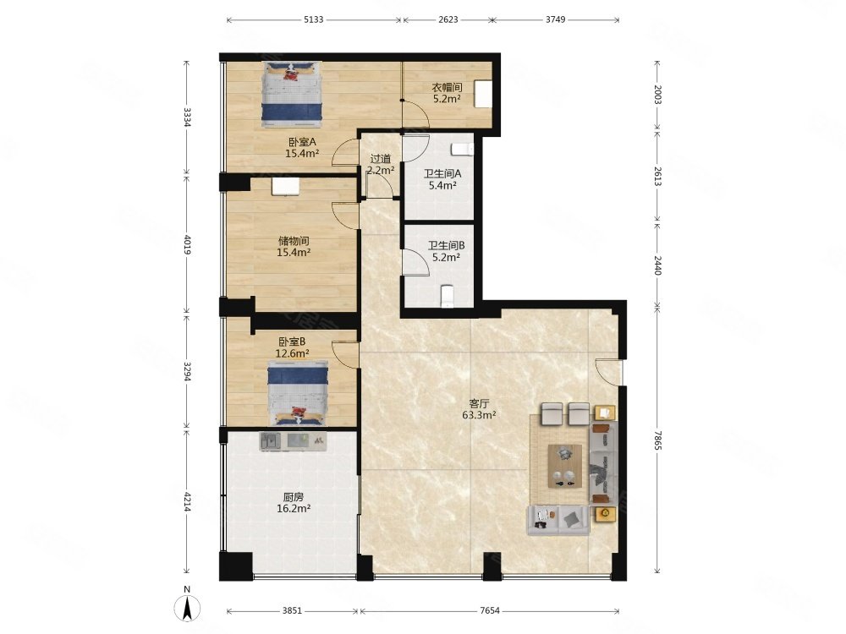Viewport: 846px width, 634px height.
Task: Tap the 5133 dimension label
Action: pos(314,20)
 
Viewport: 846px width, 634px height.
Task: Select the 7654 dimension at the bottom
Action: pos(489,611)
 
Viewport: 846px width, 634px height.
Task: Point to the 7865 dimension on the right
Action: pos(657,440)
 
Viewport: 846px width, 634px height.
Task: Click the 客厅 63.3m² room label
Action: pos(479,409)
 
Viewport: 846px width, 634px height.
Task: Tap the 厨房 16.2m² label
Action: pos(294,502)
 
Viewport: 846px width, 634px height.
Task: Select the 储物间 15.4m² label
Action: pos(294,246)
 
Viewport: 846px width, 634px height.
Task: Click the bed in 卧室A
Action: pos(292,95)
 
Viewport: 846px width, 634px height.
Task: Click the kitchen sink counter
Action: pos(293,441)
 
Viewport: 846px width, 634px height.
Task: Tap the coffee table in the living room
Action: pos(565,466)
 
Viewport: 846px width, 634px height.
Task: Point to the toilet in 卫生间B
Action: pos(448,296)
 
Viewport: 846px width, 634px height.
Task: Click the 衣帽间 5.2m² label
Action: pos(447,93)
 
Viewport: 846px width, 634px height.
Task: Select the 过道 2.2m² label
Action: pos(381,165)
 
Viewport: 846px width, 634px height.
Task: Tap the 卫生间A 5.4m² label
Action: pos(442,179)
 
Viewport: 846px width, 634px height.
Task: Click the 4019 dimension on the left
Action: pos(187,244)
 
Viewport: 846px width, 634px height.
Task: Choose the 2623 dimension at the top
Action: pos(448,20)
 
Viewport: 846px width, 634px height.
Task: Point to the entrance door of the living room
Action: pos(608,371)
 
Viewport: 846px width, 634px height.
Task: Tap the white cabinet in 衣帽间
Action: pos(483,94)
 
